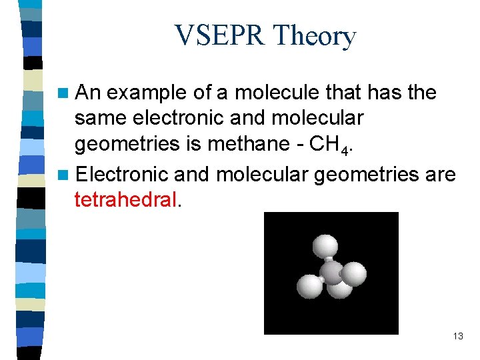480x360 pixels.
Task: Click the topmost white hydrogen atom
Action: [x=325, y=245]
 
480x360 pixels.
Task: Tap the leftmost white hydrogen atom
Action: [x=310, y=287]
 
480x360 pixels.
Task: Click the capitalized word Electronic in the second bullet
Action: [x=122, y=174]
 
